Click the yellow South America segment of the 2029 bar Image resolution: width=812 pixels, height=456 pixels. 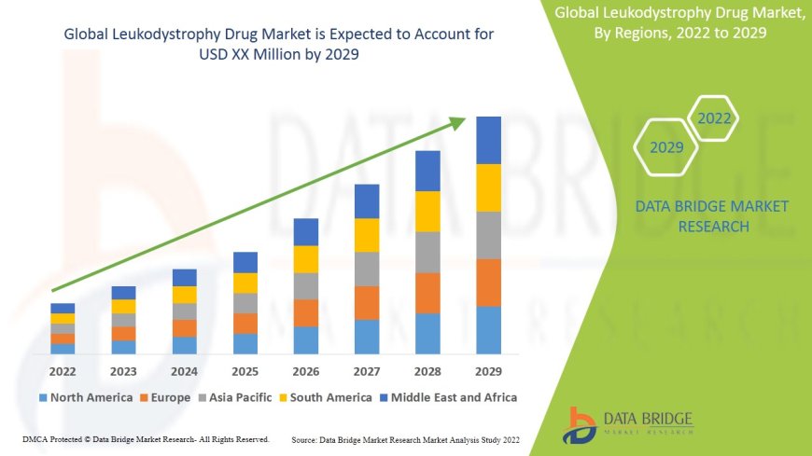point(488,187)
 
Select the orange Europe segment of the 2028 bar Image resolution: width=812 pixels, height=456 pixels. point(427,293)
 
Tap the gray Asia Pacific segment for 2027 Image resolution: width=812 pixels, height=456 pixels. point(367,269)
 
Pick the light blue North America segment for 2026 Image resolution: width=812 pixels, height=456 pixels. point(306,339)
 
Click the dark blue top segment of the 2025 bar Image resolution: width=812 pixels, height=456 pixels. point(245,262)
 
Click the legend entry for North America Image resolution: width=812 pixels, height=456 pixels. point(85,397)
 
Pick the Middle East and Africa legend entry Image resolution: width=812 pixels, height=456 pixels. point(447,397)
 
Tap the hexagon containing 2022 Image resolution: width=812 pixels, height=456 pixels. point(714,118)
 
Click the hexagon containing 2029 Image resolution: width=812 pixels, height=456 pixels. point(666,147)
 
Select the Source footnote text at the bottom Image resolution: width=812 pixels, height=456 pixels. point(405,438)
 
